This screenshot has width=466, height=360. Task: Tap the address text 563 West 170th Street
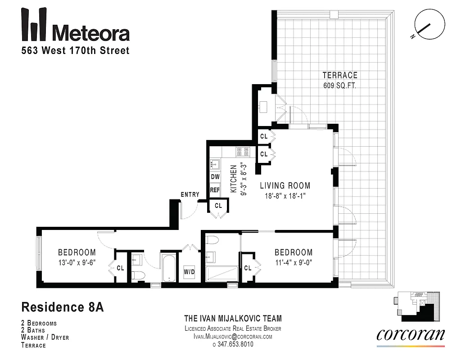76,50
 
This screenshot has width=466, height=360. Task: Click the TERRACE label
339,75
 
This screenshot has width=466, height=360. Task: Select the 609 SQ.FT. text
339,85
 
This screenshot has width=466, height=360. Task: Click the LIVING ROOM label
285,185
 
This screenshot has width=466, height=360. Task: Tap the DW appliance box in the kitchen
215,177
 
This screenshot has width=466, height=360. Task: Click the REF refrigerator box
215,190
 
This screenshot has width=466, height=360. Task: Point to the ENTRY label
190,194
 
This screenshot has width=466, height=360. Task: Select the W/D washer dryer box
189,272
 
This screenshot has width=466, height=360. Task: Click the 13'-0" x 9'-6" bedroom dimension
77,262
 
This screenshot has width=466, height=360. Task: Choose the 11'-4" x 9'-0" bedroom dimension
293,262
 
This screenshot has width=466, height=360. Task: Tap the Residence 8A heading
63,308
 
